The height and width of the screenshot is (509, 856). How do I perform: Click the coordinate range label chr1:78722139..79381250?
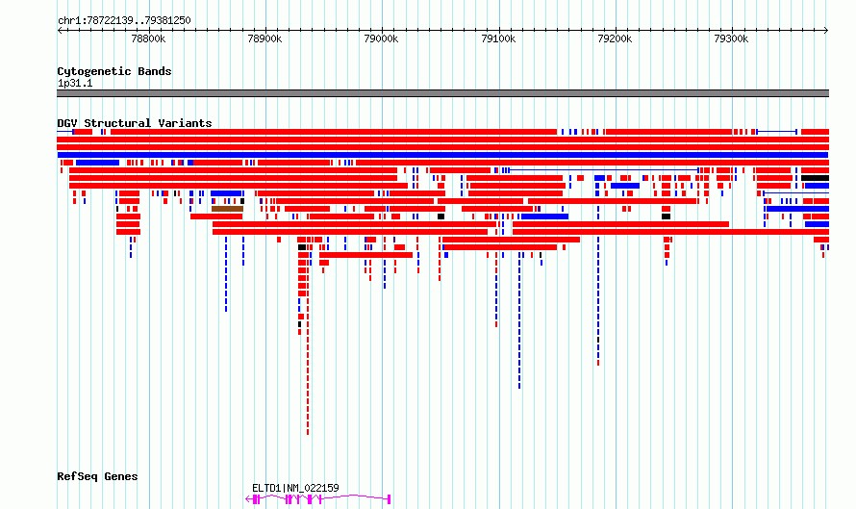pos(124,21)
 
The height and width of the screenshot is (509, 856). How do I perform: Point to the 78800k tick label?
pos(148,38)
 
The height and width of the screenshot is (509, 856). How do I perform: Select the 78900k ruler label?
pos(264,38)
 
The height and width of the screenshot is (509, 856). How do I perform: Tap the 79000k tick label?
pos(381,38)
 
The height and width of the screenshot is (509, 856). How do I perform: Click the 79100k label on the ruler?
pos(498,38)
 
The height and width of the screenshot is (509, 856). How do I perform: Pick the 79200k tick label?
pos(615,38)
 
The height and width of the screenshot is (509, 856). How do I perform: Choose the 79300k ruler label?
pos(731,38)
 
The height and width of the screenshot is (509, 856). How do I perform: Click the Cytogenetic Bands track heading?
pos(114,71)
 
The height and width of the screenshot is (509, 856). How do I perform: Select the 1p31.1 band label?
pos(75,83)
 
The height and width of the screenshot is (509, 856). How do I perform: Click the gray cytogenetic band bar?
pos(442,93)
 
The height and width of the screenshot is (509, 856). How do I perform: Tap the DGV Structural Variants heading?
pos(135,123)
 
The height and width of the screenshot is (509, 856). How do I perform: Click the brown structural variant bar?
pos(228,209)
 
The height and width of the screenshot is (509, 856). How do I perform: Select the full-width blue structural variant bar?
pos(442,155)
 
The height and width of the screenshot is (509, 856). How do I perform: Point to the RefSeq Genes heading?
pos(97,476)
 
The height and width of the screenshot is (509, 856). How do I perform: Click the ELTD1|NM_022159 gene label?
pos(295,488)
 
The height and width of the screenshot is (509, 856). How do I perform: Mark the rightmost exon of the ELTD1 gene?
pos(390,499)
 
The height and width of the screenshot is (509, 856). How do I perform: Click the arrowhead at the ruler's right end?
pos(826,30)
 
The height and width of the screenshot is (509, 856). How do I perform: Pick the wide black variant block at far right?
pos(815,178)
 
